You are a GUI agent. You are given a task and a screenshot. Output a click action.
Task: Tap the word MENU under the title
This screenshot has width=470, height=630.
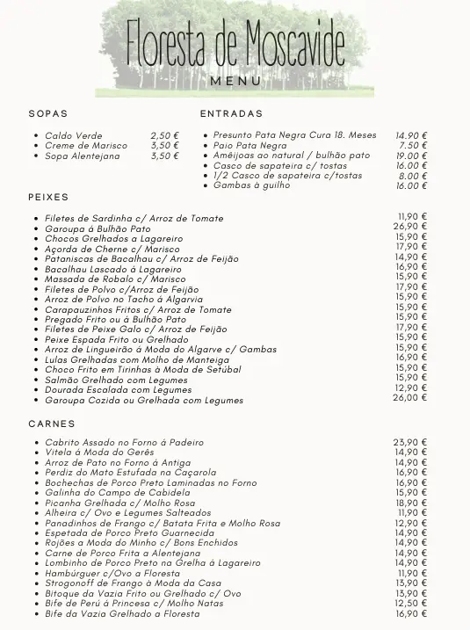(235, 81)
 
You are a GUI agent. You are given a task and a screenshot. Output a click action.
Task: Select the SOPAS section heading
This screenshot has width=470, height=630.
(47, 113)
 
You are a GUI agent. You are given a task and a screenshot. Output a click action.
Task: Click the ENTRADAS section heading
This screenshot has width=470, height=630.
(231, 113)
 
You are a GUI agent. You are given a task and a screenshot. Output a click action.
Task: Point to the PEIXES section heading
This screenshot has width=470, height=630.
(48, 197)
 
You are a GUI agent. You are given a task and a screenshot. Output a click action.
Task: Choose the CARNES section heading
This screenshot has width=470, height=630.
(52, 424)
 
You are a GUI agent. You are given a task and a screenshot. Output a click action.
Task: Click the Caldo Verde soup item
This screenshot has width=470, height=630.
(73, 135)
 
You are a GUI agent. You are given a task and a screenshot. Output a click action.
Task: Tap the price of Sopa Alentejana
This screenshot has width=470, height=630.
(164, 156)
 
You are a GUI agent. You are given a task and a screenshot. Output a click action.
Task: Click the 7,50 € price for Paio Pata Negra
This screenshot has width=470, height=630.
(413, 145)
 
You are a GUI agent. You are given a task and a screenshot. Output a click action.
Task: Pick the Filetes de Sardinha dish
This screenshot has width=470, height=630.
(134, 218)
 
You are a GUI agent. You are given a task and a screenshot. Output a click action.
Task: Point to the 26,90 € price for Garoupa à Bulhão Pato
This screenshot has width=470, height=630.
(410, 226)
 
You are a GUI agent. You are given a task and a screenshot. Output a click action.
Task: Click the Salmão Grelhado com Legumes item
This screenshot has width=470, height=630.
(118, 380)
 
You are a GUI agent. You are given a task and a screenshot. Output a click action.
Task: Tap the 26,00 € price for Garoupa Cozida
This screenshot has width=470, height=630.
(410, 397)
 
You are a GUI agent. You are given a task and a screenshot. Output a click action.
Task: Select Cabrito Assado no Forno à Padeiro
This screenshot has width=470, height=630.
(124, 442)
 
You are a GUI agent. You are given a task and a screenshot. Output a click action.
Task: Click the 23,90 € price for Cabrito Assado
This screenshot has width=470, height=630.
(410, 442)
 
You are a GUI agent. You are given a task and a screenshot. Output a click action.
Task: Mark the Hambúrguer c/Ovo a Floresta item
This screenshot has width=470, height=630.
(112, 573)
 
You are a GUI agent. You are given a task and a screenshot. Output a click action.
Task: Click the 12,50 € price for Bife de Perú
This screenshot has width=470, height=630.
(411, 604)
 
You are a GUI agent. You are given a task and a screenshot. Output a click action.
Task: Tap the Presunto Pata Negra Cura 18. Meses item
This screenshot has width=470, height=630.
(294, 135)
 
